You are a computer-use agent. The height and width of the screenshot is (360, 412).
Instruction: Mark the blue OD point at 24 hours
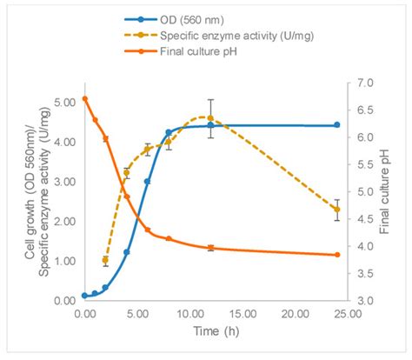pyautogui.click(x=337, y=125)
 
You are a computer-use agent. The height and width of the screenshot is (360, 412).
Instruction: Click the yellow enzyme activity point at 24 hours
pyautogui.click(x=337, y=209)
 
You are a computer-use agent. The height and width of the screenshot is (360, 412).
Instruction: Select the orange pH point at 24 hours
pyautogui.click(x=337, y=255)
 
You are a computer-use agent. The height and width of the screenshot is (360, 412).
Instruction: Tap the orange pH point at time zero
pyautogui.click(x=84, y=99)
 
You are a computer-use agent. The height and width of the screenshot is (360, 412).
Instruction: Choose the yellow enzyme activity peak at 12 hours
pyautogui.click(x=210, y=118)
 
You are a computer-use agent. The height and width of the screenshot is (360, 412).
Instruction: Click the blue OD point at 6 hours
pyautogui.click(x=148, y=182)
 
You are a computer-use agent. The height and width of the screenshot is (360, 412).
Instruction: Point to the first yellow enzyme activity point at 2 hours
pyautogui.click(x=105, y=260)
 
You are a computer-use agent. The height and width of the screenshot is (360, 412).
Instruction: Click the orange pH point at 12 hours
pyautogui.click(x=210, y=248)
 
